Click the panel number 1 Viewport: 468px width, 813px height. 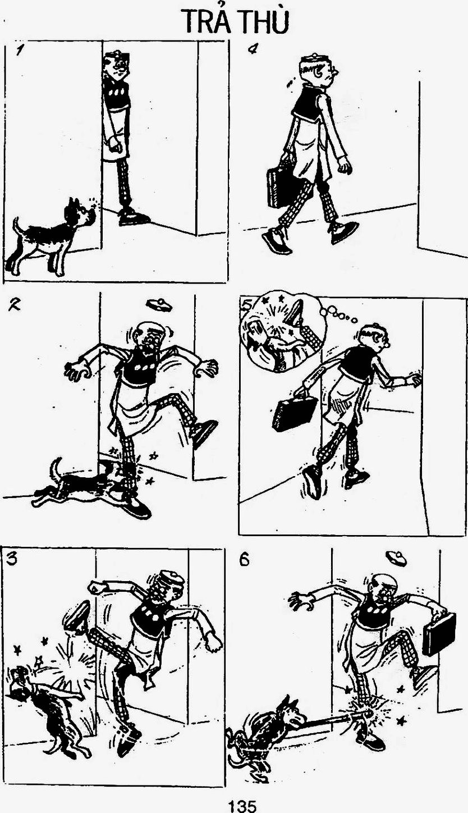[x=17, y=51]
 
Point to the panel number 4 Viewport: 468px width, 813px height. [x=253, y=49]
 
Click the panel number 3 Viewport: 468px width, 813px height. [x=12, y=559]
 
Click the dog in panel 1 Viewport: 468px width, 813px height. [x=53, y=236]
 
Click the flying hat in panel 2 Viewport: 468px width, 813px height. [x=159, y=304]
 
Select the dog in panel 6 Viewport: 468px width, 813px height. [x=267, y=726]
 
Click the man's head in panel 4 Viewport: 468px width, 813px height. [x=318, y=70]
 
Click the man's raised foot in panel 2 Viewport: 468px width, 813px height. [x=204, y=433]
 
